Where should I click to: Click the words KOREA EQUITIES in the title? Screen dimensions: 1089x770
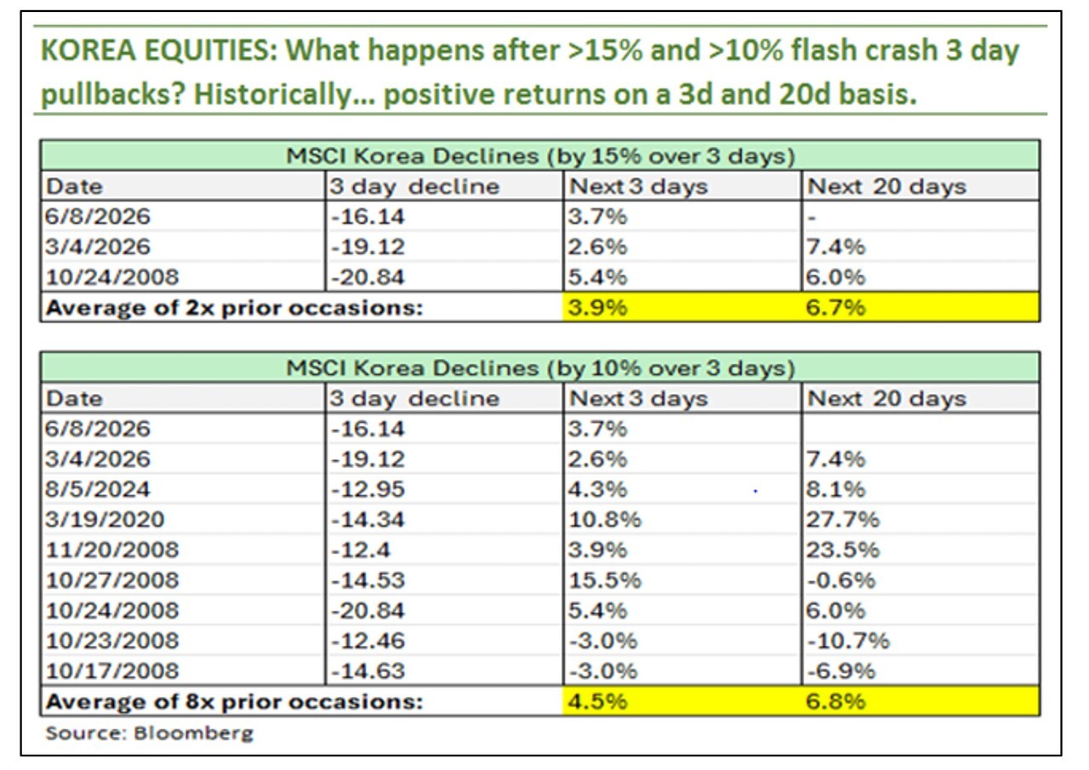(159, 50)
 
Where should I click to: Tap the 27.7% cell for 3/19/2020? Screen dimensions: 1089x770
(842, 519)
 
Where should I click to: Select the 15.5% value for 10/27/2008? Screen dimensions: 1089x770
(605, 580)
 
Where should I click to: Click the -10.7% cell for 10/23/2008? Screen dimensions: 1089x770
(848, 641)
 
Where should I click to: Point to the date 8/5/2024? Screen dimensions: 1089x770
(97, 489)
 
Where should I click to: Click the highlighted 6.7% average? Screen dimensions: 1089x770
(835, 307)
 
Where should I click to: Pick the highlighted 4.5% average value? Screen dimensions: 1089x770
(597, 701)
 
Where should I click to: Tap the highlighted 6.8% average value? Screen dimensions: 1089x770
(835, 701)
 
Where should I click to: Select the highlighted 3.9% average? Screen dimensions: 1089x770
(597, 307)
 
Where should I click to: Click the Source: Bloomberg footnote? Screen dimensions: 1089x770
(149, 733)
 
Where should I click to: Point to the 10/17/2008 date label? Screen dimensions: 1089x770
(112, 670)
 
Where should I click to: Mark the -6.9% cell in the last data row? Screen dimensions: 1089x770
(841, 670)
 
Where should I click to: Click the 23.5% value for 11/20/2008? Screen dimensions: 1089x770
(842, 550)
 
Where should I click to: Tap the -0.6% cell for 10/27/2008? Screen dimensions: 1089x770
(841, 580)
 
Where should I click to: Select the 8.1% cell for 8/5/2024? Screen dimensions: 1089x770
(835, 489)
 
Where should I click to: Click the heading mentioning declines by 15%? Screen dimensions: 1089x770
(540, 156)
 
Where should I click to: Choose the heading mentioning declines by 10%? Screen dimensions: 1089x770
(540, 368)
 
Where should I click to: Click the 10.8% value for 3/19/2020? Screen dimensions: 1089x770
(605, 519)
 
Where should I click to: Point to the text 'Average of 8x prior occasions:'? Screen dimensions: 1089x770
(234, 701)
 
